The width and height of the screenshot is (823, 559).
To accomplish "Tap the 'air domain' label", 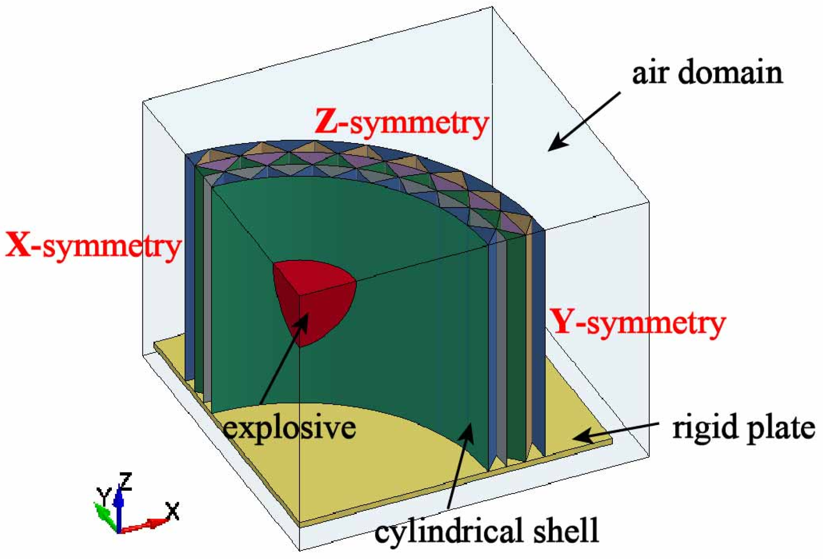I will pyautogui.click(x=707, y=73).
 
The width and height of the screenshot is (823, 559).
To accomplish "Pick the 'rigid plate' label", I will pyautogui.click(x=743, y=427).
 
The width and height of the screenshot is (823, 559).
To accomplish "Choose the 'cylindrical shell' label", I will pyautogui.click(x=486, y=531).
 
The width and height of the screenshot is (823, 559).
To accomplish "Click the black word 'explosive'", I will pyautogui.click(x=290, y=427).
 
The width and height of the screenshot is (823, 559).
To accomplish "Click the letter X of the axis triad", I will pyautogui.click(x=172, y=511).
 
